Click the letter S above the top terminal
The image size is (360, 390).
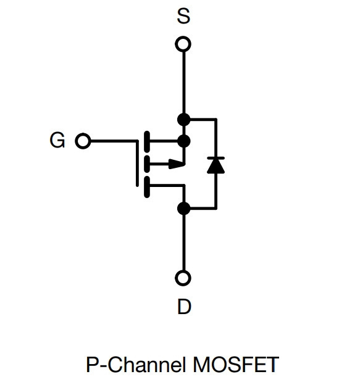tap(183, 16)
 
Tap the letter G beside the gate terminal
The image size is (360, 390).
tap(57, 140)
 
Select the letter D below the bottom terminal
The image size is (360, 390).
tap(184, 307)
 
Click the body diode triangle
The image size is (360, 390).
tap(216, 165)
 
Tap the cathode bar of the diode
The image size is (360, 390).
tap(216, 158)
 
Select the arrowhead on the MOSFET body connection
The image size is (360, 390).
tap(177, 164)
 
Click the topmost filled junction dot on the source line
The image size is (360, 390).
tap(184, 120)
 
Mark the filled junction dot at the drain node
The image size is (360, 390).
tap(184, 208)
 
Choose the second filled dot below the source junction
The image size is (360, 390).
tap(184, 141)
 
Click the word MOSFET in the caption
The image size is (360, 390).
tap(236, 365)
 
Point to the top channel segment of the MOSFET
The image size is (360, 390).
tap(147, 141)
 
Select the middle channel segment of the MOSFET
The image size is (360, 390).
tap(147, 164)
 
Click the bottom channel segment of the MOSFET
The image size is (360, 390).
tap(147, 187)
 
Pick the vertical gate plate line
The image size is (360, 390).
tap(137, 163)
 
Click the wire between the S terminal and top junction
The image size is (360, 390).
tap(184, 83)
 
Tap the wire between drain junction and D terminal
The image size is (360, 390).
tap(184, 243)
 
